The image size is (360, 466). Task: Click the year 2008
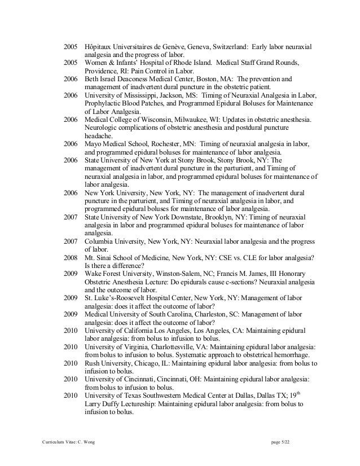[x=71, y=257]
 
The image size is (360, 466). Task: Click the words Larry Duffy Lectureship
[x=121, y=404]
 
